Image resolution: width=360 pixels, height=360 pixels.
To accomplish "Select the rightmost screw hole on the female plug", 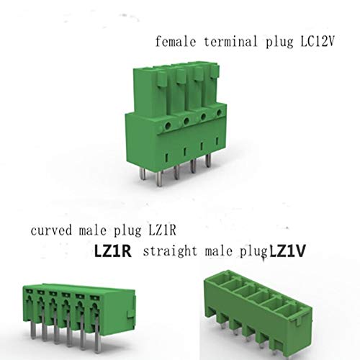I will pyautogui.click(x=209, y=123).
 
